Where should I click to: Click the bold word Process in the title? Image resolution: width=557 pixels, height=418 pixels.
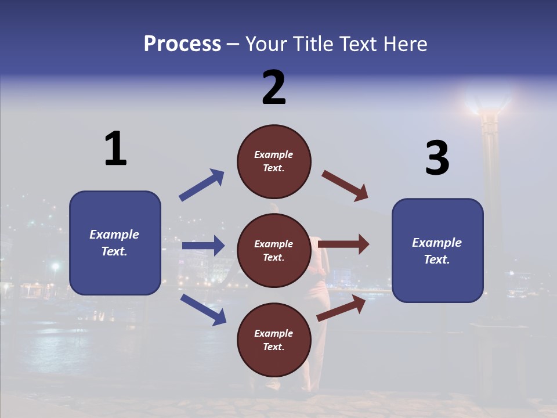[x=182, y=44]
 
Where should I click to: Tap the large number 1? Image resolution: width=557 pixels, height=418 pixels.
[x=115, y=149]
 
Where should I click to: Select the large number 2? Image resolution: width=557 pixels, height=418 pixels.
[x=274, y=88]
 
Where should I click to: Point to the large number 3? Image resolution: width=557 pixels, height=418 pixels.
[x=437, y=158]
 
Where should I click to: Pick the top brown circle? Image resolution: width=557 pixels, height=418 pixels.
[x=274, y=161]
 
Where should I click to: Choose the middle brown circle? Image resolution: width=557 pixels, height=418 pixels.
[x=274, y=250]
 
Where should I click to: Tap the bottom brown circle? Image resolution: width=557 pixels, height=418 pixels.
[x=274, y=340]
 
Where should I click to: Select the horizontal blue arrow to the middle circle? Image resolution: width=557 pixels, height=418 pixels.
[x=203, y=246]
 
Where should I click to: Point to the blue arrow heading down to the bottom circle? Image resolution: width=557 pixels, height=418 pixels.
[x=203, y=309]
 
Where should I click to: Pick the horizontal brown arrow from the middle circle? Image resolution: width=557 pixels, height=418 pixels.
[x=343, y=244]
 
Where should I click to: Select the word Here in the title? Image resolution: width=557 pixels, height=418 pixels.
[x=406, y=44]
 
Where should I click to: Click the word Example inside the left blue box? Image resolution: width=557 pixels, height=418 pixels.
[x=114, y=235]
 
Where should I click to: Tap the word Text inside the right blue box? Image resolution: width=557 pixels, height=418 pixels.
[x=437, y=260]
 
